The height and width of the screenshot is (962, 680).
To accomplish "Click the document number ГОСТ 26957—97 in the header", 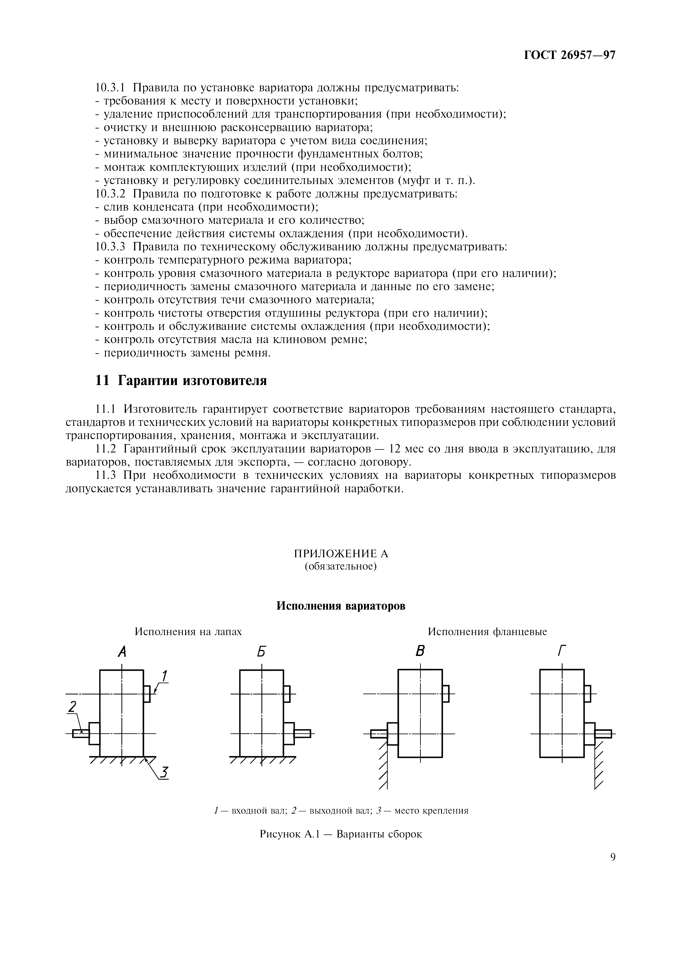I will tap(569, 55).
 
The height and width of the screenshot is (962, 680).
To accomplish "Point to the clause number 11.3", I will tap(108, 476).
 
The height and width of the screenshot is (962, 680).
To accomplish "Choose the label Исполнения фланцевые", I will tap(487, 632).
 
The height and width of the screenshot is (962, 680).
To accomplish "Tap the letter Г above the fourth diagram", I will tap(562, 652).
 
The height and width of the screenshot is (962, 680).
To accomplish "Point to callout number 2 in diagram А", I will tap(72, 707).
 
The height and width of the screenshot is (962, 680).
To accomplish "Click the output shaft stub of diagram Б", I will tap(302, 733).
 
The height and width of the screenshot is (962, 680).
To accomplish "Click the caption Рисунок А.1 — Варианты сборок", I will tap(341, 834).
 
